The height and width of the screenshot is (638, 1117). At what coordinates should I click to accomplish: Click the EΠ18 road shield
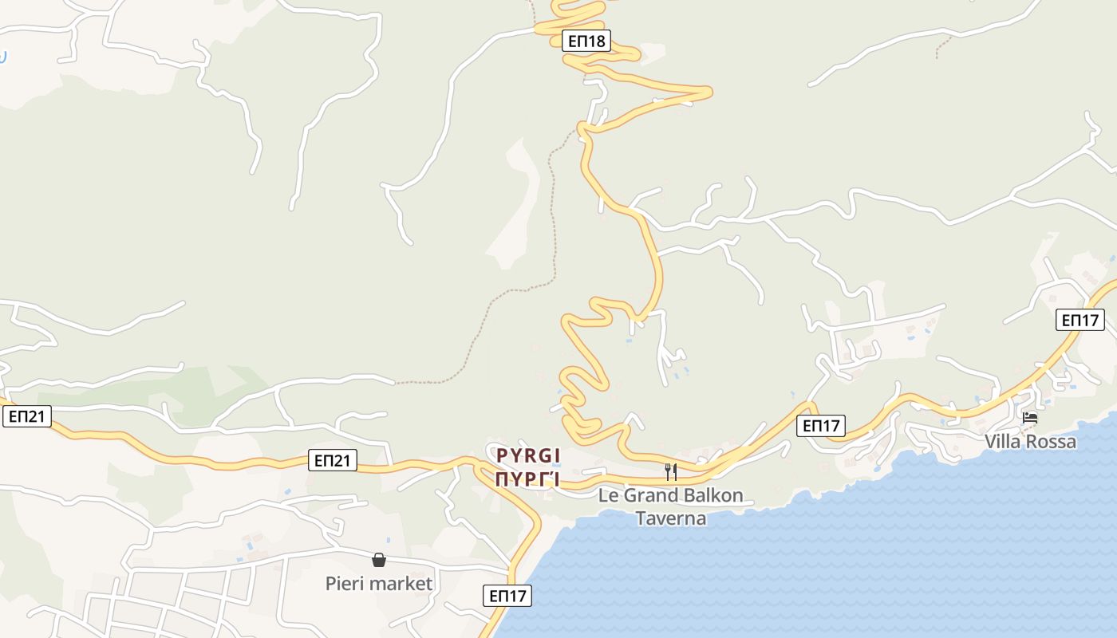[586, 41]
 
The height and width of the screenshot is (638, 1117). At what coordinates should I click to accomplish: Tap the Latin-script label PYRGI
[528, 455]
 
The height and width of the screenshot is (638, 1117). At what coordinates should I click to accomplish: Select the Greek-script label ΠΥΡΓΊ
[528, 479]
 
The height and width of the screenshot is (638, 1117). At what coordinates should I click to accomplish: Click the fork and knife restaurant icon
[671, 471]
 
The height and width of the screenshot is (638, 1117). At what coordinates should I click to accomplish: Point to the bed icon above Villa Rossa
[1030, 418]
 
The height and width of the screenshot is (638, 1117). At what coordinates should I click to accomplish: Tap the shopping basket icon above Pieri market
[379, 560]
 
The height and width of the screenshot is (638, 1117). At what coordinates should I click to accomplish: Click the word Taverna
[671, 518]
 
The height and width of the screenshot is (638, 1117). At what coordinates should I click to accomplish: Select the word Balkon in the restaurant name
[709, 495]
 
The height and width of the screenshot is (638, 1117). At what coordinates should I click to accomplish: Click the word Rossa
[1052, 442]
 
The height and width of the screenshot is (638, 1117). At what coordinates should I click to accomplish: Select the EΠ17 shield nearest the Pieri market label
[507, 595]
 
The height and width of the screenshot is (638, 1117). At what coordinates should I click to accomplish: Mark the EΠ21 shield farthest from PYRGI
[27, 415]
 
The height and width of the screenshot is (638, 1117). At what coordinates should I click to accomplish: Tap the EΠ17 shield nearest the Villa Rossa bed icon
[1080, 320]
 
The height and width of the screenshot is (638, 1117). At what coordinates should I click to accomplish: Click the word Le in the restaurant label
[609, 495]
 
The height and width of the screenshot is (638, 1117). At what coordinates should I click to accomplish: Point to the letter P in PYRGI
[502, 455]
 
